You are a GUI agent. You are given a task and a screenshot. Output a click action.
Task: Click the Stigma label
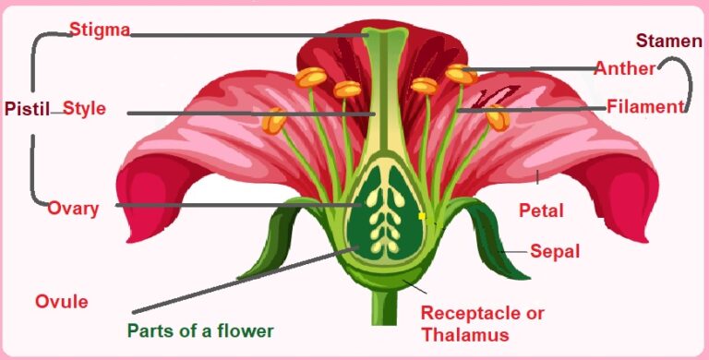pos(100,30)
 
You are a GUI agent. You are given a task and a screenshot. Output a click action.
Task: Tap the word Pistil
pos(26,109)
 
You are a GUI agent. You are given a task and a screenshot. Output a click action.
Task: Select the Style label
pos(84,109)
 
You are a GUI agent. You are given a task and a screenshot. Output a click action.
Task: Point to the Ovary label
pos(73,208)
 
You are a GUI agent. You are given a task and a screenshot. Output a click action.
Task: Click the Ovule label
pos(61,302)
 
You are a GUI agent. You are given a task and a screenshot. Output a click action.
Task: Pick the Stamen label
pos(668,42)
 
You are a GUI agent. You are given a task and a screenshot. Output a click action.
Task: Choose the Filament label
pos(644,106)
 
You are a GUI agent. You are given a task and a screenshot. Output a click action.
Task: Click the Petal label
pos(541,211)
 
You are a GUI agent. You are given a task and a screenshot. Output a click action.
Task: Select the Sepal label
pos(554,250)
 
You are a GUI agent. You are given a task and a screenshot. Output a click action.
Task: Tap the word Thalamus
pos(464,334)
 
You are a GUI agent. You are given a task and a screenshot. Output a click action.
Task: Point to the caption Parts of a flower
pos(200,330)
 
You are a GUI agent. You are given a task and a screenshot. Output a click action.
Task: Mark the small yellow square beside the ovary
pos(422,216)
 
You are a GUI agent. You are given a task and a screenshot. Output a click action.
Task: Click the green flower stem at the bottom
pos(381,309)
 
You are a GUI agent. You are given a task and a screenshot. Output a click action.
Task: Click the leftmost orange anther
pos(274,120)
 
